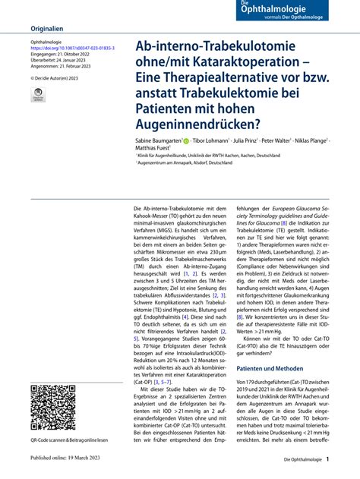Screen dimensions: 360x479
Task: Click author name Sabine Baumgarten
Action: [157, 142]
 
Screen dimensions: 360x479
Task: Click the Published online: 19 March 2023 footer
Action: [69, 459]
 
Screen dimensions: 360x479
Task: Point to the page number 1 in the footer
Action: [327, 460]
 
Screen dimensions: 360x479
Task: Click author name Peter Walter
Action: [278, 142]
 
